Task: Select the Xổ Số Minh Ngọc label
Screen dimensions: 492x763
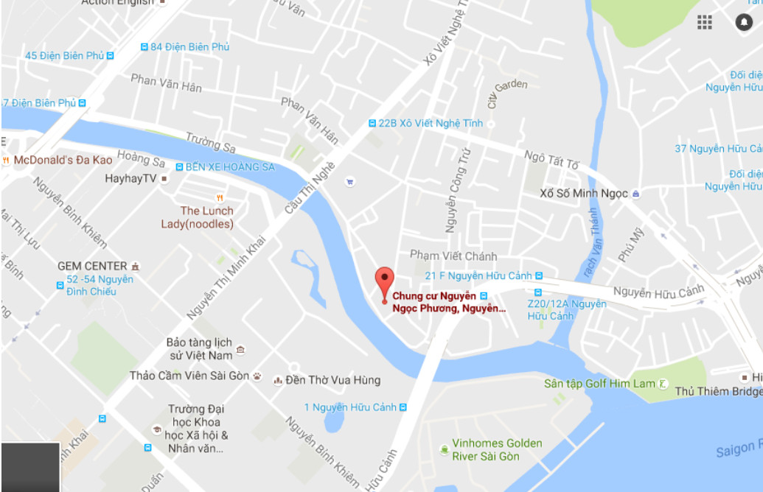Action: tap(583, 194)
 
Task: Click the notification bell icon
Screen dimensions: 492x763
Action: tap(743, 22)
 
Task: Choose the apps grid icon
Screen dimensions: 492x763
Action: tap(705, 22)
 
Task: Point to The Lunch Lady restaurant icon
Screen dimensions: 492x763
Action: tap(219, 197)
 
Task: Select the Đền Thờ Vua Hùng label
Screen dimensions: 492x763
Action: tap(332, 380)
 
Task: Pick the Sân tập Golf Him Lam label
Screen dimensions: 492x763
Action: tap(599, 384)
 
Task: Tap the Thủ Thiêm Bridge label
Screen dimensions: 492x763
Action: tap(718, 392)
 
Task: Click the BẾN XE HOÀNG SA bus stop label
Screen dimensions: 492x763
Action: tap(229, 167)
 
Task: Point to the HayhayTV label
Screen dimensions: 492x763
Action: tap(130, 178)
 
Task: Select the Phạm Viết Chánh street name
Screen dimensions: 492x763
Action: tap(453, 256)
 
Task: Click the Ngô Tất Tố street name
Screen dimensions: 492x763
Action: tap(551, 159)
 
